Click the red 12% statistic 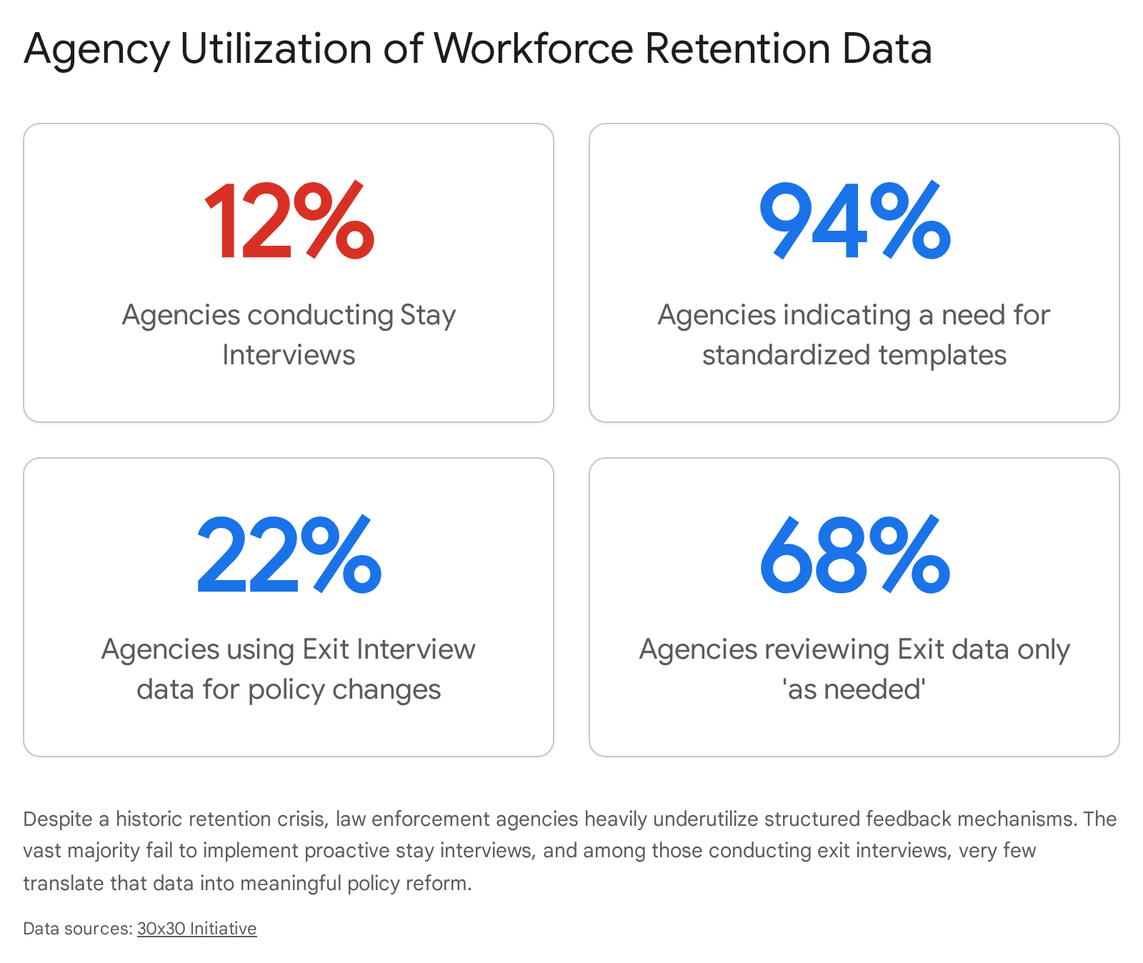289,221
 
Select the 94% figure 854,221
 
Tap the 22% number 289,555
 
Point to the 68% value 854,555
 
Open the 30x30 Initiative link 196,928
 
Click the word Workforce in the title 534,49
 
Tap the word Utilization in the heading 276,49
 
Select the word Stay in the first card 428,315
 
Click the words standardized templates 854,355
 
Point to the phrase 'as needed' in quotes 854,689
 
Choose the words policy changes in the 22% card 344,689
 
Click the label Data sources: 78,928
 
